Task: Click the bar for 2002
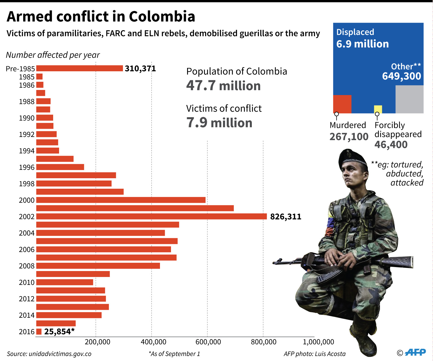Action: pyautogui.click(x=151, y=216)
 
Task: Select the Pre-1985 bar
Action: pyautogui.click(x=79, y=68)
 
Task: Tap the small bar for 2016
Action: pyautogui.click(x=39, y=332)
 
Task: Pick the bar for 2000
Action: pyautogui.click(x=121, y=200)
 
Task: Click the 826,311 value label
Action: pyautogui.click(x=285, y=217)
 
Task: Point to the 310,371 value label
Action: pyautogui.click(x=140, y=68)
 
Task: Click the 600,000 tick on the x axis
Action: pyautogui.click(x=208, y=342)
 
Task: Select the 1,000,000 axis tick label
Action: pyautogui.click(x=318, y=342)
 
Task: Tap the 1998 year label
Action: pyautogui.click(x=27, y=184)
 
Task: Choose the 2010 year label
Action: pyautogui.click(x=27, y=282)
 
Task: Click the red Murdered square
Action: pyautogui.click(x=342, y=104)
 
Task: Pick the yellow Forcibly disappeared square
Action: pyautogui.click(x=378, y=109)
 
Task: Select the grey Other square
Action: pyautogui.click(x=409, y=99)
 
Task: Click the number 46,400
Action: pyautogui.click(x=391, y=145)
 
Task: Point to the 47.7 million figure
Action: pyautogui.click(x=223, y=86)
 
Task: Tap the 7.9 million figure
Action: pyautogui.click(x=219, y=123)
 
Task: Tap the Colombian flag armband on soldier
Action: pyautogui.click(x=330, y=225)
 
